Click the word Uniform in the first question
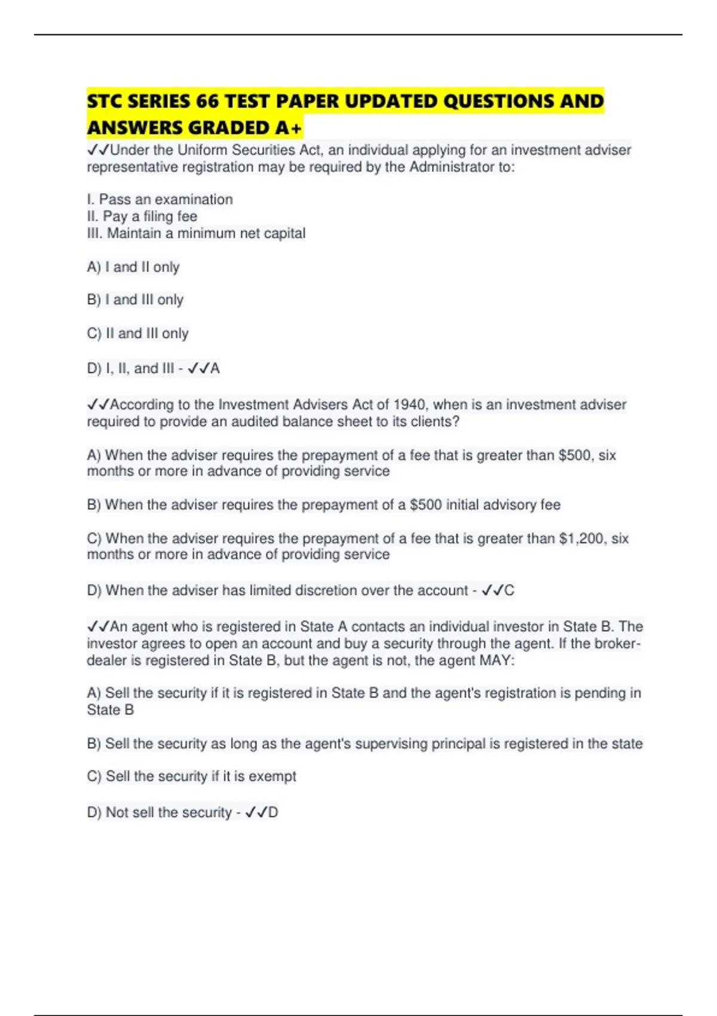(x=203, y=150)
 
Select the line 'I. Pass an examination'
(x=160, y=200)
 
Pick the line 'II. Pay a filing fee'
(x=142, y=216)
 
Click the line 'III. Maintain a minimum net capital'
(x=196, y=233)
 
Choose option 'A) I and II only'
(x=133, y=267)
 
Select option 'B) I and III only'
(x=135, y=299)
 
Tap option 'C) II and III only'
(x=137, y=333)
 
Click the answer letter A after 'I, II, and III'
(x=215, y=369)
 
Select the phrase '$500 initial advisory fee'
(x=485, y=505)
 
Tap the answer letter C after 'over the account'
(x=509, y=590)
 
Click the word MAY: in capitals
(x=497, y=660)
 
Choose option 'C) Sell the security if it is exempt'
(x=191, y=776)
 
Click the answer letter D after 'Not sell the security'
(x=273, y=813)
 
